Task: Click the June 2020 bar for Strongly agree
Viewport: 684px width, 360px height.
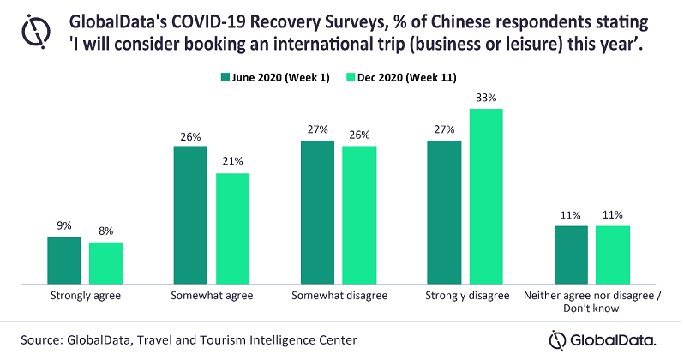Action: coord(64,260)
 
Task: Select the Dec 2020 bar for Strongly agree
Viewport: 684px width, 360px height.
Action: coord(106,262)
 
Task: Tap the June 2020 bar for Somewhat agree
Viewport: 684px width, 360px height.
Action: coord(190,214)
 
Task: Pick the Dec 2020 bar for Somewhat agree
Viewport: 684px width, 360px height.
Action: coord(232,228)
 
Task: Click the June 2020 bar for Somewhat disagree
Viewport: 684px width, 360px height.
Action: coord(317,212)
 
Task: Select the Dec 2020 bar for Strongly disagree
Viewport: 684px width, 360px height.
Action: coord(486,196)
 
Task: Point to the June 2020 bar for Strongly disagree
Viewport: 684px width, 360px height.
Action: coord(444,212)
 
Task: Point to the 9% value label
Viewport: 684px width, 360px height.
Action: coord(64,226)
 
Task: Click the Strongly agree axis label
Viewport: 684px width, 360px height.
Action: coord(85,295)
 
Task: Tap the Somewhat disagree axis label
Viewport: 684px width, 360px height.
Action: coord(339,295)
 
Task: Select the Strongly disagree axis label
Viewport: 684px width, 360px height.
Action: coord(465,295)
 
